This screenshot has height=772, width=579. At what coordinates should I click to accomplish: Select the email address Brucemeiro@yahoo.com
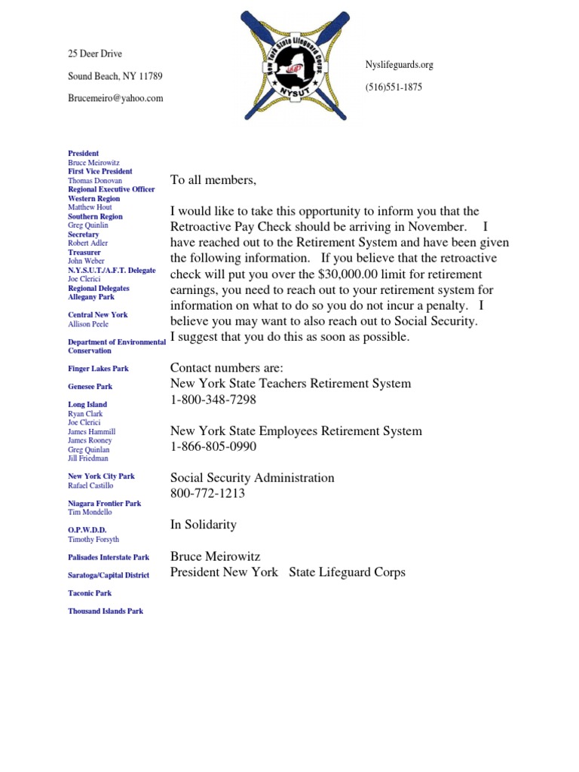[115, 98]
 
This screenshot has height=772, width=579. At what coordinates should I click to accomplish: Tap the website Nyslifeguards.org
[399, 65]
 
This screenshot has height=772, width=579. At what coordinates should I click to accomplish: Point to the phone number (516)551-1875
[394, 87]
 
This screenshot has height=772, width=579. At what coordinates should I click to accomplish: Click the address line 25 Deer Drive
[95, 54]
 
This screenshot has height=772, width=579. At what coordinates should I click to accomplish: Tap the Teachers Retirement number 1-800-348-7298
[213, 400]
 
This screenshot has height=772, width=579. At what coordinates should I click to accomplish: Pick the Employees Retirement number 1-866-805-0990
[213, 446]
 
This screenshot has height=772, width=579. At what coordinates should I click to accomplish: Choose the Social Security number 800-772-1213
[207, 494]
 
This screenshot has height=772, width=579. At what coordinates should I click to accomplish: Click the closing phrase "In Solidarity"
[204, 525]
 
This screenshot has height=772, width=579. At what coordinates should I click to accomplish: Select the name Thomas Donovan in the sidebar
[94, 181]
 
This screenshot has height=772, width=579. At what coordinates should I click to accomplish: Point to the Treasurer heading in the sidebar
[85, 253]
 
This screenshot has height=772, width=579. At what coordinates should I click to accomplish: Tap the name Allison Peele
[88, 324]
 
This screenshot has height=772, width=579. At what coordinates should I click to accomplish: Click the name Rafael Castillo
[91, 486]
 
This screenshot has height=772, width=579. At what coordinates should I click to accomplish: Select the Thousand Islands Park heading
[106, 611]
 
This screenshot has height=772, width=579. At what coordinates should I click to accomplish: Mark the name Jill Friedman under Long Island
[88, 458]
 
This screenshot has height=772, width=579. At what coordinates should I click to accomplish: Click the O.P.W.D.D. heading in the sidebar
[87, 530]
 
